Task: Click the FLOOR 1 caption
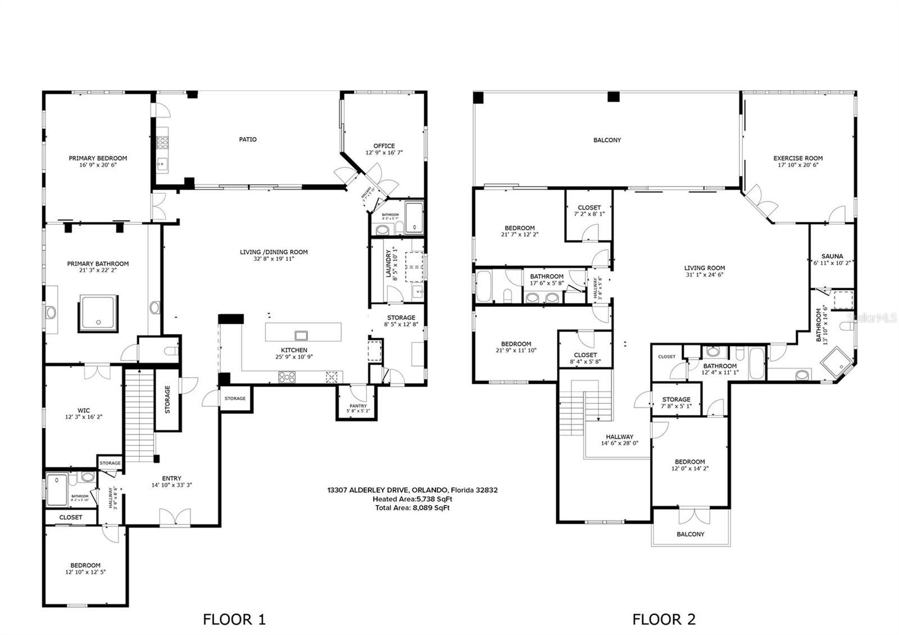[234, 619]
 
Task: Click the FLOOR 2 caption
[664, 619]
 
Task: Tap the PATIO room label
[248, 139]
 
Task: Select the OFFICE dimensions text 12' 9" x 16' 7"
[384, 153]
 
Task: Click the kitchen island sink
[301, 336]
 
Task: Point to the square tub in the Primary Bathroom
[98, 312]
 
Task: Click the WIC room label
[84, 410]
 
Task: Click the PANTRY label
[358, 406]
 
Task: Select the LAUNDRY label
[388, 265]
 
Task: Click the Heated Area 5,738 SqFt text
[412, 499]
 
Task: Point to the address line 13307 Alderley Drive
[412, 490]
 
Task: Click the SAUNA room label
[832, 256]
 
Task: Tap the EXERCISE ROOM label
[798, 158]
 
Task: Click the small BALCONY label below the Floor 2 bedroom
[690, 534]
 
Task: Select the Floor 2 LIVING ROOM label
[705, 268]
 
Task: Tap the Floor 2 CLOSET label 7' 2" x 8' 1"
[589, 207]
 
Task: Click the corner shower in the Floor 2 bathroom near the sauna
[837, 363]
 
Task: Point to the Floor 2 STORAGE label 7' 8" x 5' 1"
[676, 400]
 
